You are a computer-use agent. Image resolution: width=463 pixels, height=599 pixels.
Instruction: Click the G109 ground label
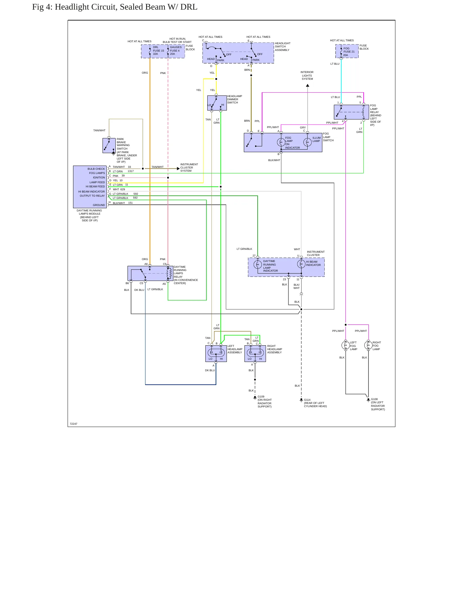pos(261,397)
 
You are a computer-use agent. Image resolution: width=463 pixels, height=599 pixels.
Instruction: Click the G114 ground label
pos(307,400)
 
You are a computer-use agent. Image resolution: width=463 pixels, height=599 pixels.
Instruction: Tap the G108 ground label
pos(374,399)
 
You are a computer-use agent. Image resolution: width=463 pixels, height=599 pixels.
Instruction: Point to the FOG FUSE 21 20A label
pos(349,52)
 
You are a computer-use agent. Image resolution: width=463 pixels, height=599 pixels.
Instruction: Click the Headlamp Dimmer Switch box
pos(217,103)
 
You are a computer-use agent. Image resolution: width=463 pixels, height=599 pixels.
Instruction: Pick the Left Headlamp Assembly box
pos(216,354)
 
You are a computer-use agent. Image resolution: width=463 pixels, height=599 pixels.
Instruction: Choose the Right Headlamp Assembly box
pos(255,354)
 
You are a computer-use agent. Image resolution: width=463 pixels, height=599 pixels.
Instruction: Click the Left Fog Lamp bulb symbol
pos(345,345)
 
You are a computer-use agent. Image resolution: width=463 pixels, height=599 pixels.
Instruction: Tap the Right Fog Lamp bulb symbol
pos(368,345)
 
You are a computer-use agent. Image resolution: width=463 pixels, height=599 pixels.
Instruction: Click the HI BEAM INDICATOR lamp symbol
pos(301,264)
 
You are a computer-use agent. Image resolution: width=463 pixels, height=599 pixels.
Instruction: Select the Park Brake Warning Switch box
pos(109,145)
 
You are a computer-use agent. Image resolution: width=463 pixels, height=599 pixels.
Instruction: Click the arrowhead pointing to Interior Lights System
pos(308,86)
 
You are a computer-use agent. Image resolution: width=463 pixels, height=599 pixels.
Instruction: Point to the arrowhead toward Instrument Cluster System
pos(178,168)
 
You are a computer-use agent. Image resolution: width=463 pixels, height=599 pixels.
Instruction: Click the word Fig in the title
pos(38,7)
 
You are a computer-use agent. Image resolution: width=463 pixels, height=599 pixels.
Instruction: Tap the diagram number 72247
pos(73,424)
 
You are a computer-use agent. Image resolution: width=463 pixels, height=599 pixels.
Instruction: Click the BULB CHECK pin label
pos(96,169)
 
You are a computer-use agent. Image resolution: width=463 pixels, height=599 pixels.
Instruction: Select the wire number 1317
pos(131,171)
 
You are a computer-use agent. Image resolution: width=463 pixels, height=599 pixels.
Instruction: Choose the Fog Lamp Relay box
pos(351,112)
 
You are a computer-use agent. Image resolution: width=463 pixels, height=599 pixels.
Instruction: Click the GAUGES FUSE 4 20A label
pos(176,51)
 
